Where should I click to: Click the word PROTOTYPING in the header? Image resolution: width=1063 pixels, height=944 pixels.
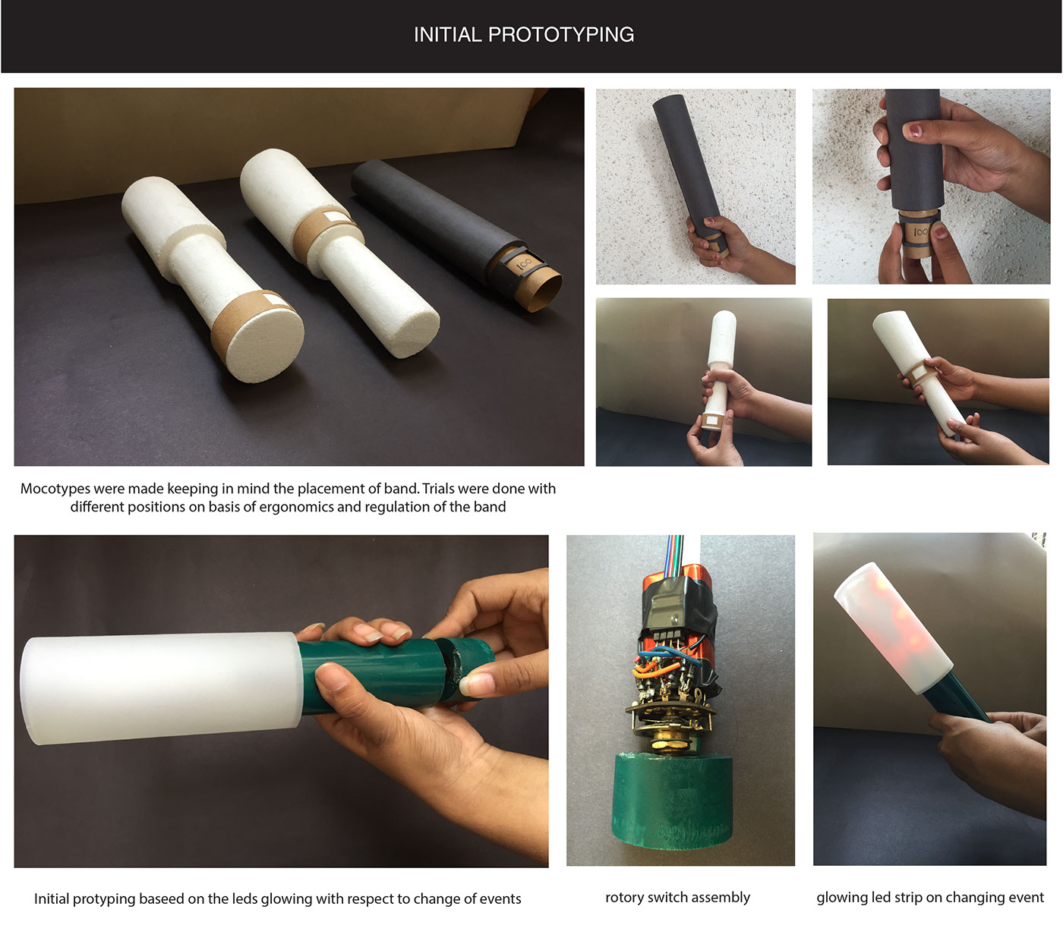(x=560, y=35)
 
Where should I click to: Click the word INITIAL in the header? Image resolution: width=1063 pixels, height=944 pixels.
(x=447, y=35)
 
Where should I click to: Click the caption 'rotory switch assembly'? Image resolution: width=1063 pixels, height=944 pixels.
(x=677, y=897)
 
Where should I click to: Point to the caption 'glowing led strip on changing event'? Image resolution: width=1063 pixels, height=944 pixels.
(x=929, y=897)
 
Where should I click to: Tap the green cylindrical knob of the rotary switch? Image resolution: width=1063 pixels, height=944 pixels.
(x=672, y=799)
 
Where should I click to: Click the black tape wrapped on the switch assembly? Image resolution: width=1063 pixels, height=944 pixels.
(x=677, y=609)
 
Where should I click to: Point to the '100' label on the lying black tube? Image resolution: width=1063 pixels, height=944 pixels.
(x=524, y=264)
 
